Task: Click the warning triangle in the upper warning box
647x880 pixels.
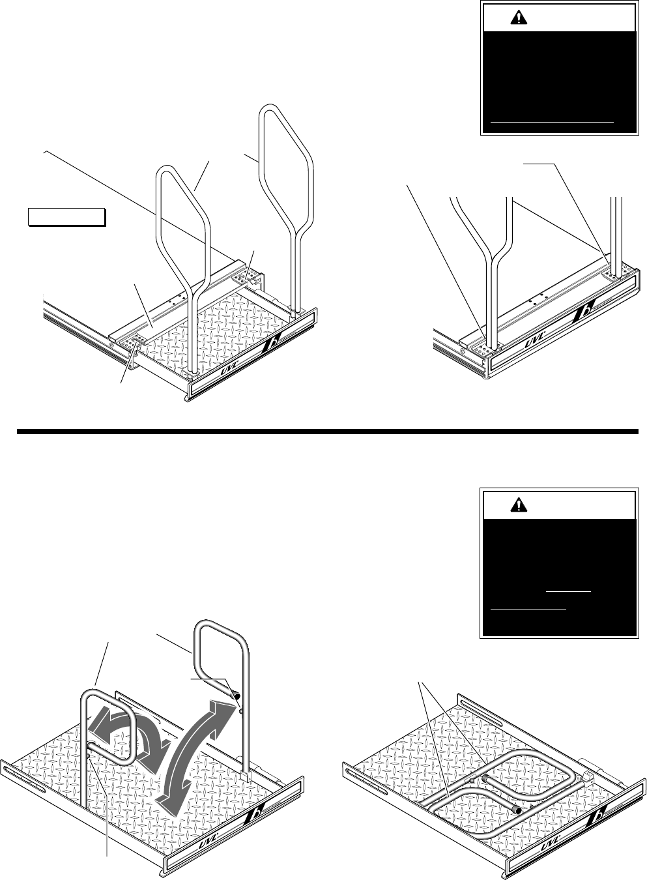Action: point(519,18)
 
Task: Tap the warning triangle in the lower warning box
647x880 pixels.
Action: point(519,504)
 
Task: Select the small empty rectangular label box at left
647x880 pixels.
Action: point(66,216)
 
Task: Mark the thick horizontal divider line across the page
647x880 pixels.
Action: point(326,432)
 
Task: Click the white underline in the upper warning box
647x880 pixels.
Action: point(552,121)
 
